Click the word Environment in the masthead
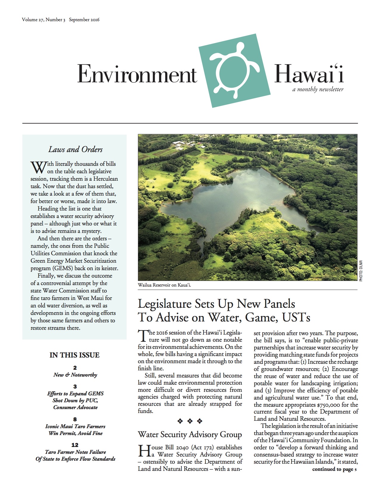click(137, 74)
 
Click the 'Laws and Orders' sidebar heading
click(75, 149)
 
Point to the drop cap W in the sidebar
click(38, 168)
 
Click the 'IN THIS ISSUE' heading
click(75, 355)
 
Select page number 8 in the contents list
click(75, 419)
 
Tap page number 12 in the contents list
click(75, 445)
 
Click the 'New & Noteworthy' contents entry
click(75, 375)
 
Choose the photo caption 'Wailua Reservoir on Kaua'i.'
click(164, 285)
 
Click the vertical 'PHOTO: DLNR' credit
click(361, 271)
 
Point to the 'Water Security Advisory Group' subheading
click(190, 434)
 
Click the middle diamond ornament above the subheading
click(190, 421)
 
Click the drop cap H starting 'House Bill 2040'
click(143, 451)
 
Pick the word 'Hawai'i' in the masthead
click(308, 74)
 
